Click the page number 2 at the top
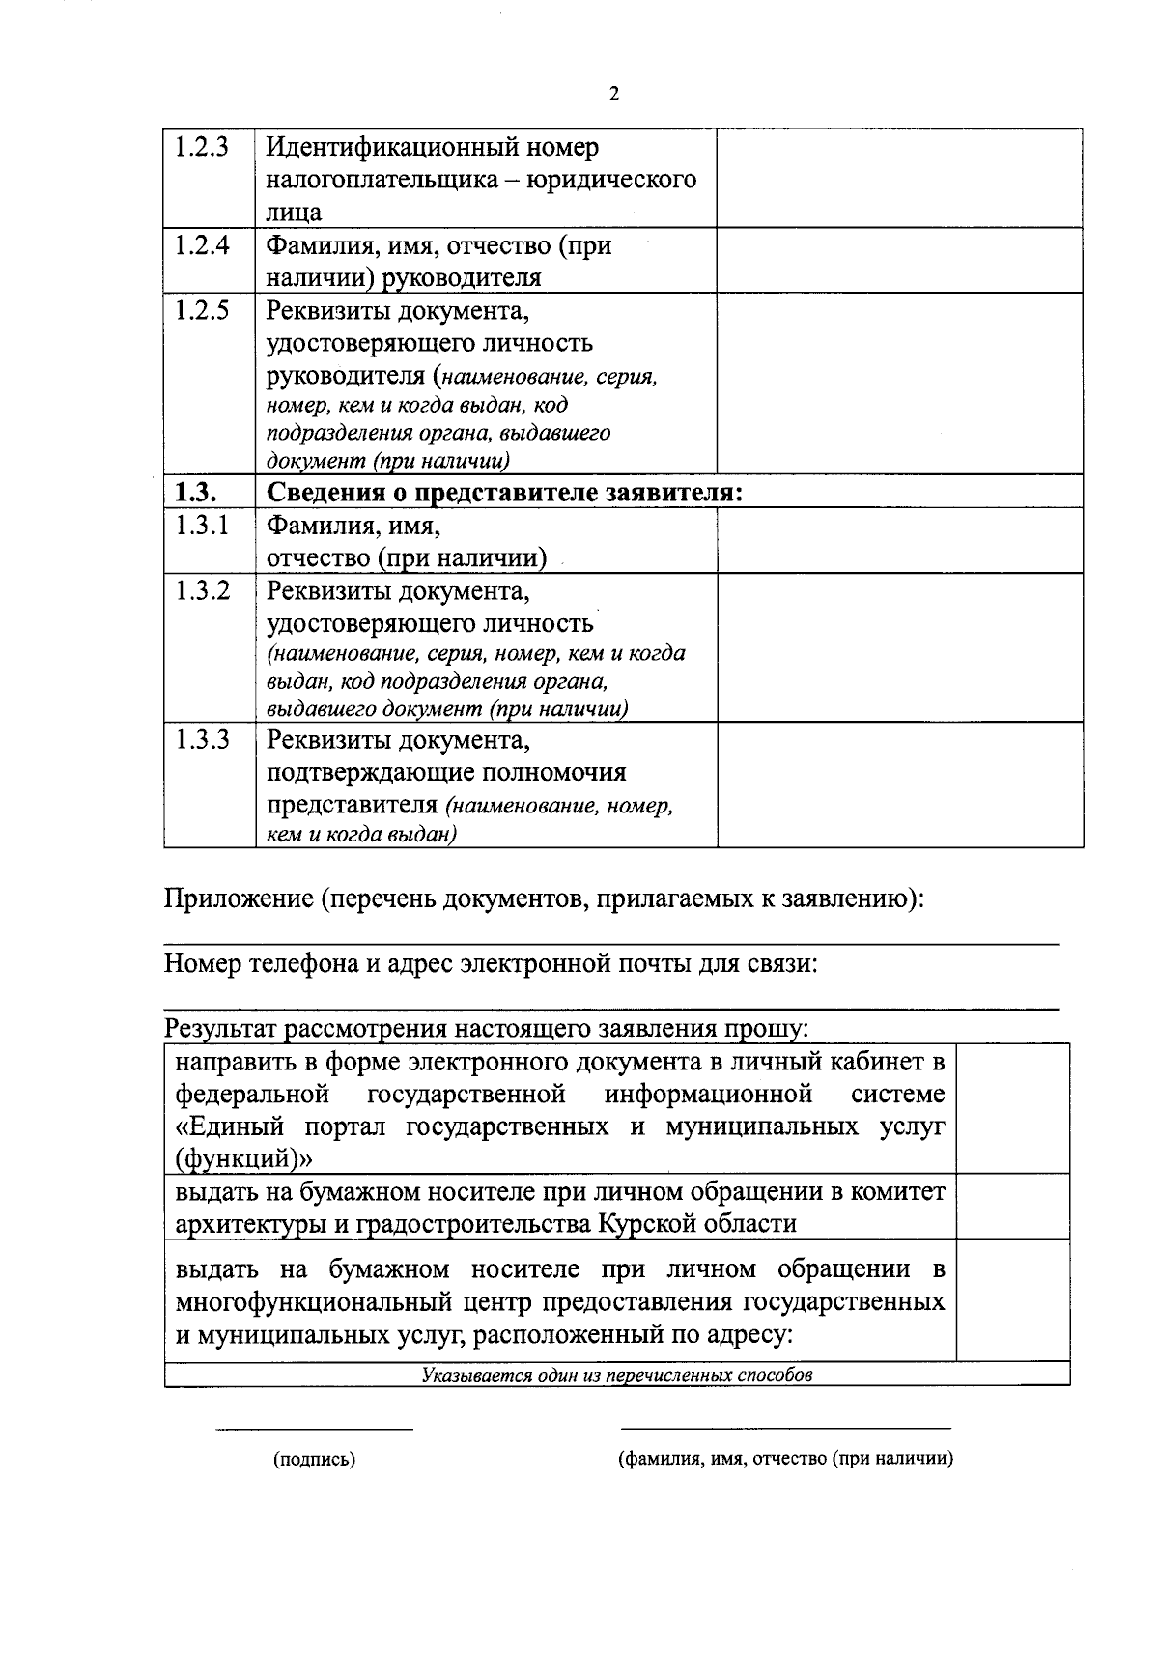(614, 94)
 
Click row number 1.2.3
(202, 148)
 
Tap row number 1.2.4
(202, 245)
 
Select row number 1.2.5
(202, 311)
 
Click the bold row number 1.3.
(195, 493)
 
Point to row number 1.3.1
(202, 526)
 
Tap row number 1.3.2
(202, 591)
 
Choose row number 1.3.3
(202, 740)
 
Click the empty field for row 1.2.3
(899, 179)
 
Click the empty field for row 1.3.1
(899, 540)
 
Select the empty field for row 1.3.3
(899, 785)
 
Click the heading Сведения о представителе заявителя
(504, 493)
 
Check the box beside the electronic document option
(1012, 1108)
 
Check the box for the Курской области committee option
(1012, 1207)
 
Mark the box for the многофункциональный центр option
(1012, 1299)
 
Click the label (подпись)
(314, 1459)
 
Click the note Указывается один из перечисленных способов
(616, 1375)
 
